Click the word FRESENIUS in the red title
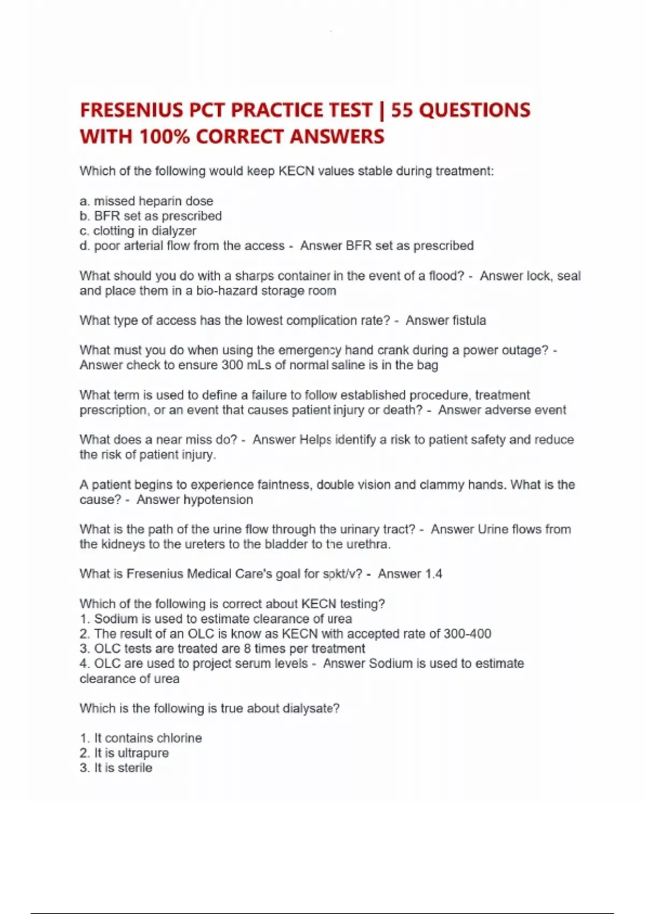(131, 110)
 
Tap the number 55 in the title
(402, 110)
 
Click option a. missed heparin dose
(146, 201)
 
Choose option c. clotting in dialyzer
(138, 231)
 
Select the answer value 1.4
(433, 574)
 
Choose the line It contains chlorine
(141, 738)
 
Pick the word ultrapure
(143, 753)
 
